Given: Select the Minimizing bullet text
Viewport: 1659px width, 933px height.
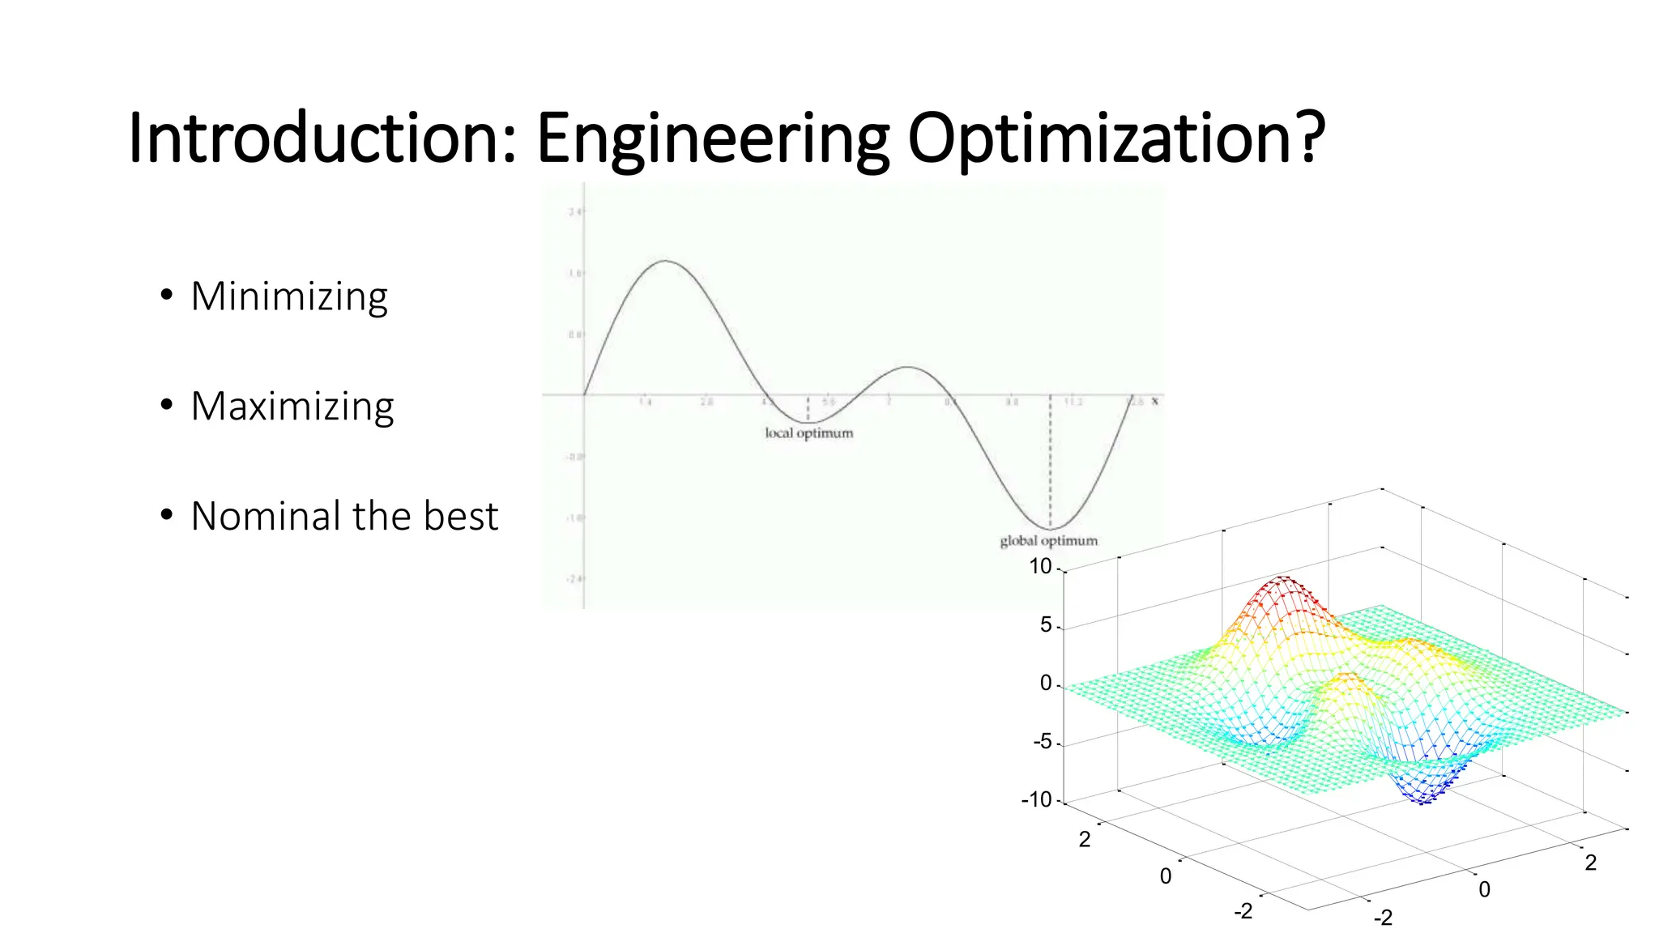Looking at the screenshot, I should point(289,296).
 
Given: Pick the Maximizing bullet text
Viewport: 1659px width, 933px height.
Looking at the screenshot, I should point(292,407).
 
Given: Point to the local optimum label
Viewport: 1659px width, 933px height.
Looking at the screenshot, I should point(808,433).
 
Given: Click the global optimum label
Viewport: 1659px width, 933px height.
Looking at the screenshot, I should point(1048,541).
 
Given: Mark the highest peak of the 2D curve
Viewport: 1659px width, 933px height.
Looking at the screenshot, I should point(665,261).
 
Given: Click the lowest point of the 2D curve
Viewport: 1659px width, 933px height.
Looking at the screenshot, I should point(1050,529).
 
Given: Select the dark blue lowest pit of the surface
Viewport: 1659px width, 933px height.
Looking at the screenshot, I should point(1425,799).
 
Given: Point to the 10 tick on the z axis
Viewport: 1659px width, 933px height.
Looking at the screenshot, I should point(1041,567).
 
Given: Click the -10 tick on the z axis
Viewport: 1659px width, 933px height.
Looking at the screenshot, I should point(1037,800).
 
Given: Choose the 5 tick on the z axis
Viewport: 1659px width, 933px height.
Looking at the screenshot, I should point(1046,625).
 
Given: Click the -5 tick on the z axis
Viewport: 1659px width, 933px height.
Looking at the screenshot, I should point(1043,742).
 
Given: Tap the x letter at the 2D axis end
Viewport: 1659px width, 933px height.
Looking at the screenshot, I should point(1155,401).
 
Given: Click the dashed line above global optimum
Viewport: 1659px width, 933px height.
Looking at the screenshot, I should point(1051,462).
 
